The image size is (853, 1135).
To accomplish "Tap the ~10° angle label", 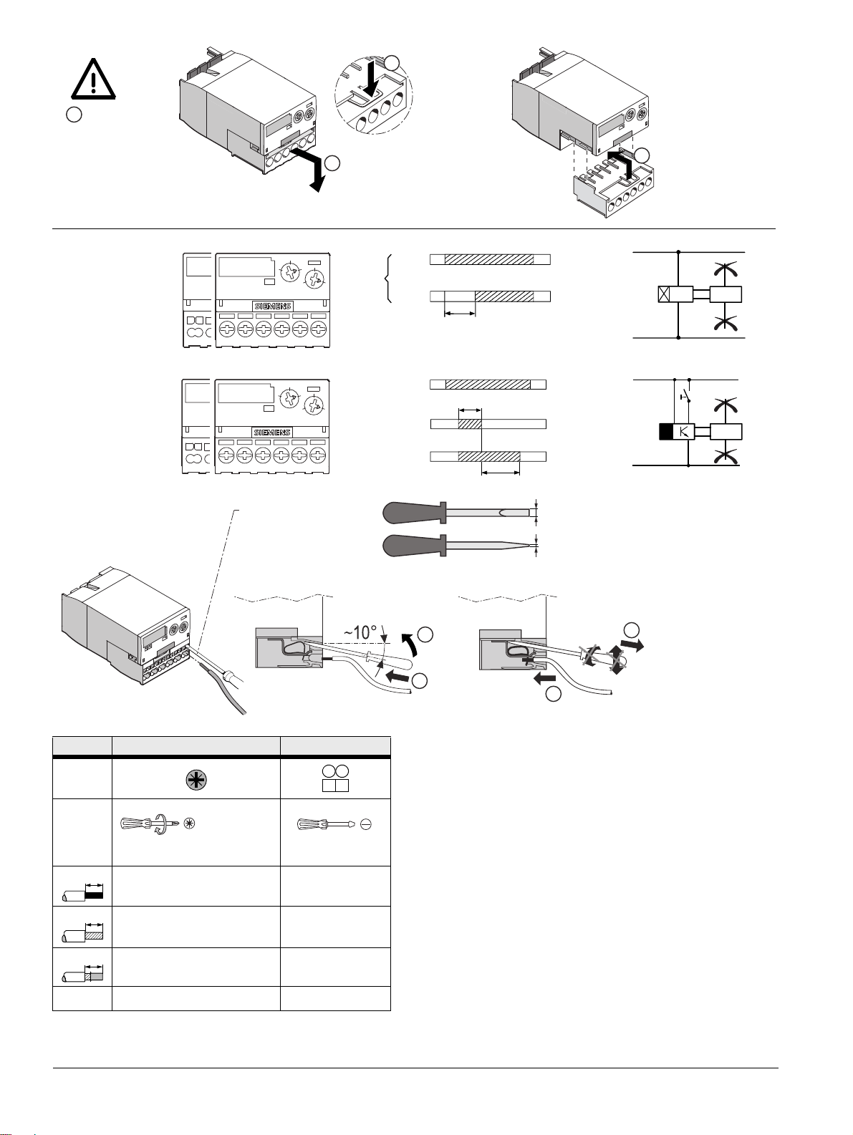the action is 360,632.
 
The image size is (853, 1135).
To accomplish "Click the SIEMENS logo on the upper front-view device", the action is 273,306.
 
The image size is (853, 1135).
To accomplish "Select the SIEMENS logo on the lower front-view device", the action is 272,433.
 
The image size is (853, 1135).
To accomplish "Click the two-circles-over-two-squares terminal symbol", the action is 335,778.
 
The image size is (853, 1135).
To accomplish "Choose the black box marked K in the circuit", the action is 676,431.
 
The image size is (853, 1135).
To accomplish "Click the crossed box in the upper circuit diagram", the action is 665,294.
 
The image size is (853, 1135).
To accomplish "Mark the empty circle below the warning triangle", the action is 74,115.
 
